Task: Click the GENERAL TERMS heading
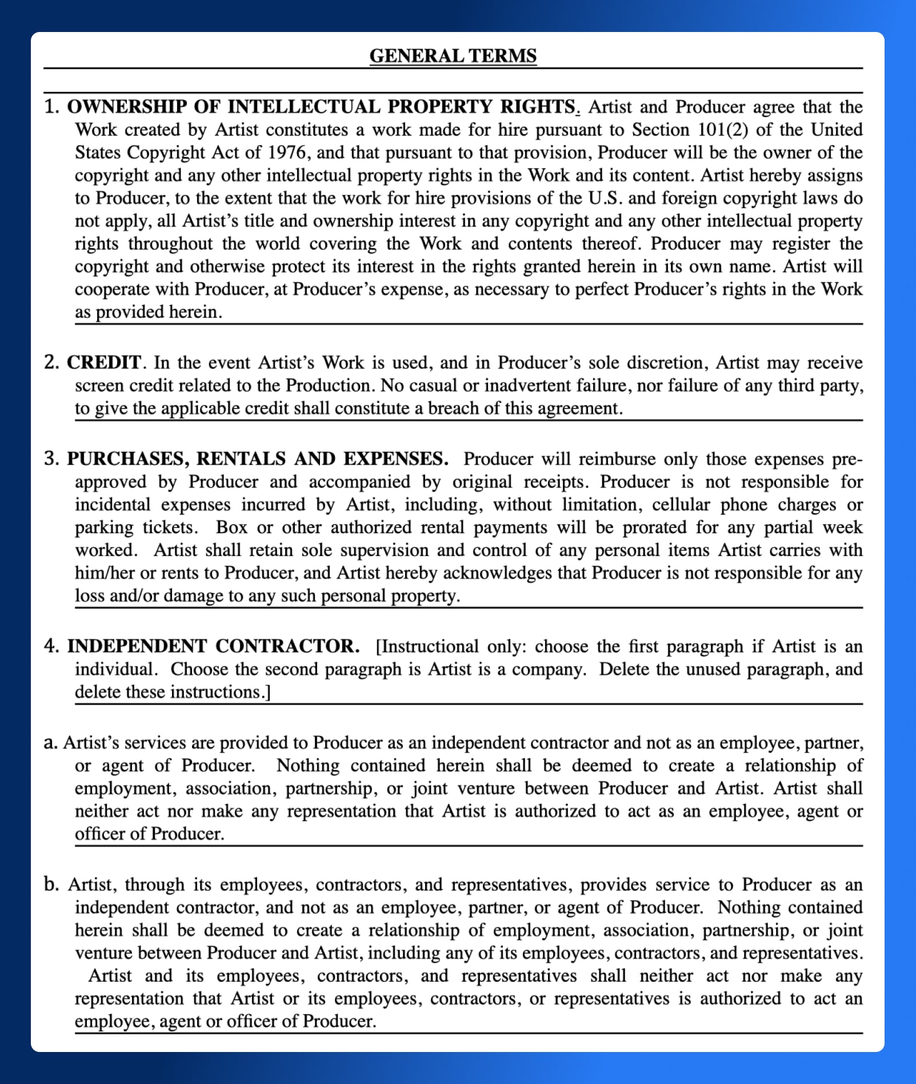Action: point(453,55)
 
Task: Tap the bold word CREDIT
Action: point(103,362)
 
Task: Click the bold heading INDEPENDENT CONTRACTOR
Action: point(213,646)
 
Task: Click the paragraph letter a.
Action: point(50,742)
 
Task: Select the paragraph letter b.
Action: point(50,884)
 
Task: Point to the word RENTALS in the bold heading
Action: point(241,459)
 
